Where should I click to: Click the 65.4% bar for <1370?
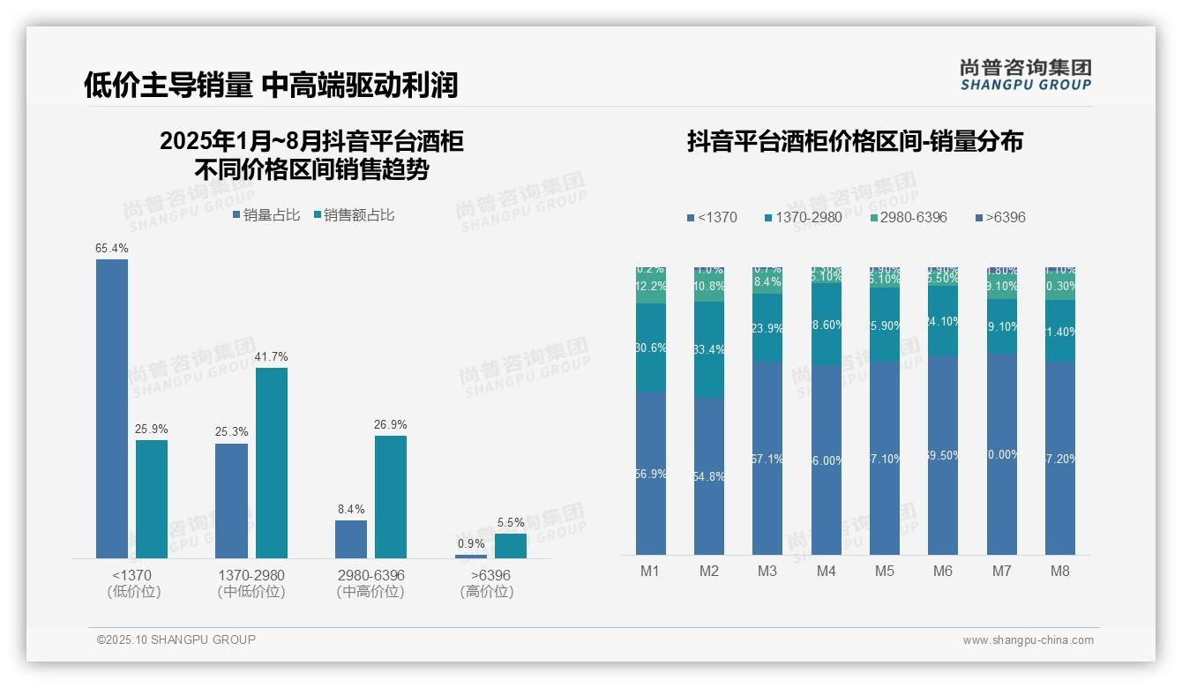point(112,408)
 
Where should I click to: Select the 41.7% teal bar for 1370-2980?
point(272,462)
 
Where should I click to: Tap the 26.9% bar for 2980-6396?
point(391,497)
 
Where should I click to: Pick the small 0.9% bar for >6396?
point(470,556)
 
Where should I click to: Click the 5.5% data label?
point(511,523)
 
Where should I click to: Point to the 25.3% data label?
point(231,432)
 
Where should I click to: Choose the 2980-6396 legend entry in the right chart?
point(908,218)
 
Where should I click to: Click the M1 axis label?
point(650,572)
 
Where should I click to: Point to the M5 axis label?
point(885,572)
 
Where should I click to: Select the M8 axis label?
point(1060,572)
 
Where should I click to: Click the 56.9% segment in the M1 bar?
point(651,473)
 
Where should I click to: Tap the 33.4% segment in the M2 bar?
point(709,350)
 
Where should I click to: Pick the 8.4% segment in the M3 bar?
point(767,282)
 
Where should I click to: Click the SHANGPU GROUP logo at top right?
point(1025,75)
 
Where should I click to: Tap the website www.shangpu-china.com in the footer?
point(1028,640)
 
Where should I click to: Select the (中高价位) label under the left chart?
point(370,592)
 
